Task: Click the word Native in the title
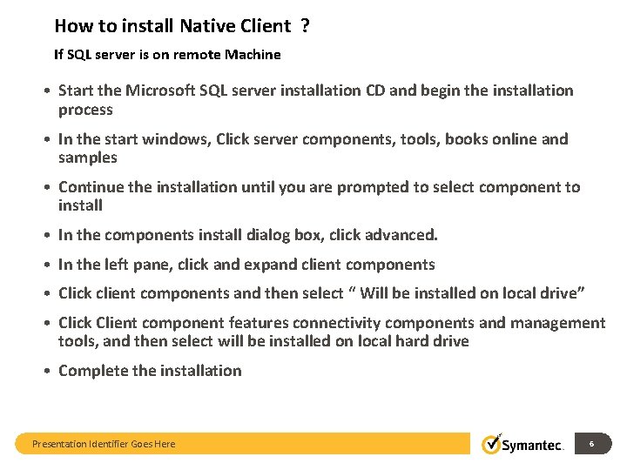[x=205, y=26]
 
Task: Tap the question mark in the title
[x=306, y=26]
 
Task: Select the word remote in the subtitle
[x=197, y=55]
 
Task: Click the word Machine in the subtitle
[x=253, y=55]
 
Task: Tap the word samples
[x=87, y=158]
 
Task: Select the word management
[x=558, y=323]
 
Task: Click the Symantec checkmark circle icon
[x=492, y=444]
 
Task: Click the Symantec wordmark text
[x=534, y=445]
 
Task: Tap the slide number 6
[x=592, y=444]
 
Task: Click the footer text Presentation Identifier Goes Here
[x=104, y=444]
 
